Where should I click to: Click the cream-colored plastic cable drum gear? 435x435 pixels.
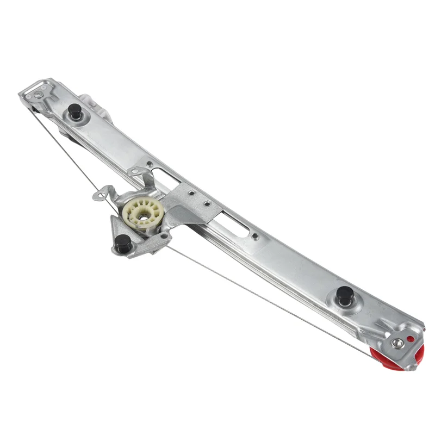point(143,214)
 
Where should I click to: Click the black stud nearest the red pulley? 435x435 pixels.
point(345,295)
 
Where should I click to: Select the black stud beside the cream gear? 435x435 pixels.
point(123,243)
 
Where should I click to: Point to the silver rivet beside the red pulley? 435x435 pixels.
point(398,343)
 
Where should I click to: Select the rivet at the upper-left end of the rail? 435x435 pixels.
point(38,95)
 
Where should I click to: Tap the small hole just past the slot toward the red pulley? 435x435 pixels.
point(254,236)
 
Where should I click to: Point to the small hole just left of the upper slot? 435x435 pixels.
point(149,163)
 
